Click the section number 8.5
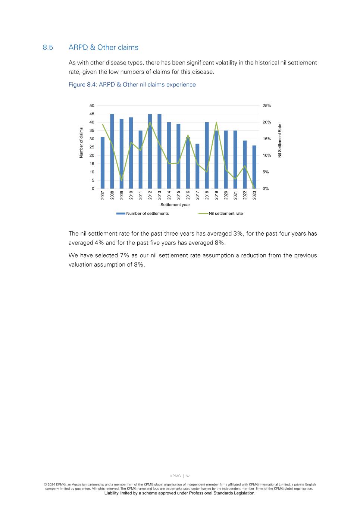click(48, 47)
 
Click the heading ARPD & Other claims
click(103, 47)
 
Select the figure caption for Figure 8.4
click(132, 85)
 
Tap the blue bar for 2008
click(112, 151)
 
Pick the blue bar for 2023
click(254, 167)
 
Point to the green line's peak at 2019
click(216, 122)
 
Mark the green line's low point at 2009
click(122, 180)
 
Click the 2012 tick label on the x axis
click(150, 195)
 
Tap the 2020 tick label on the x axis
click(226, 195)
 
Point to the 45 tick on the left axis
click(91, 114)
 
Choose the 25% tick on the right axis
click(267, 106)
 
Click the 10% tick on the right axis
click(267, 155)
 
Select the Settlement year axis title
click(175, 205)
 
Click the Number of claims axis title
click(81, 142)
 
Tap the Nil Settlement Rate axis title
click(280, 141)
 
